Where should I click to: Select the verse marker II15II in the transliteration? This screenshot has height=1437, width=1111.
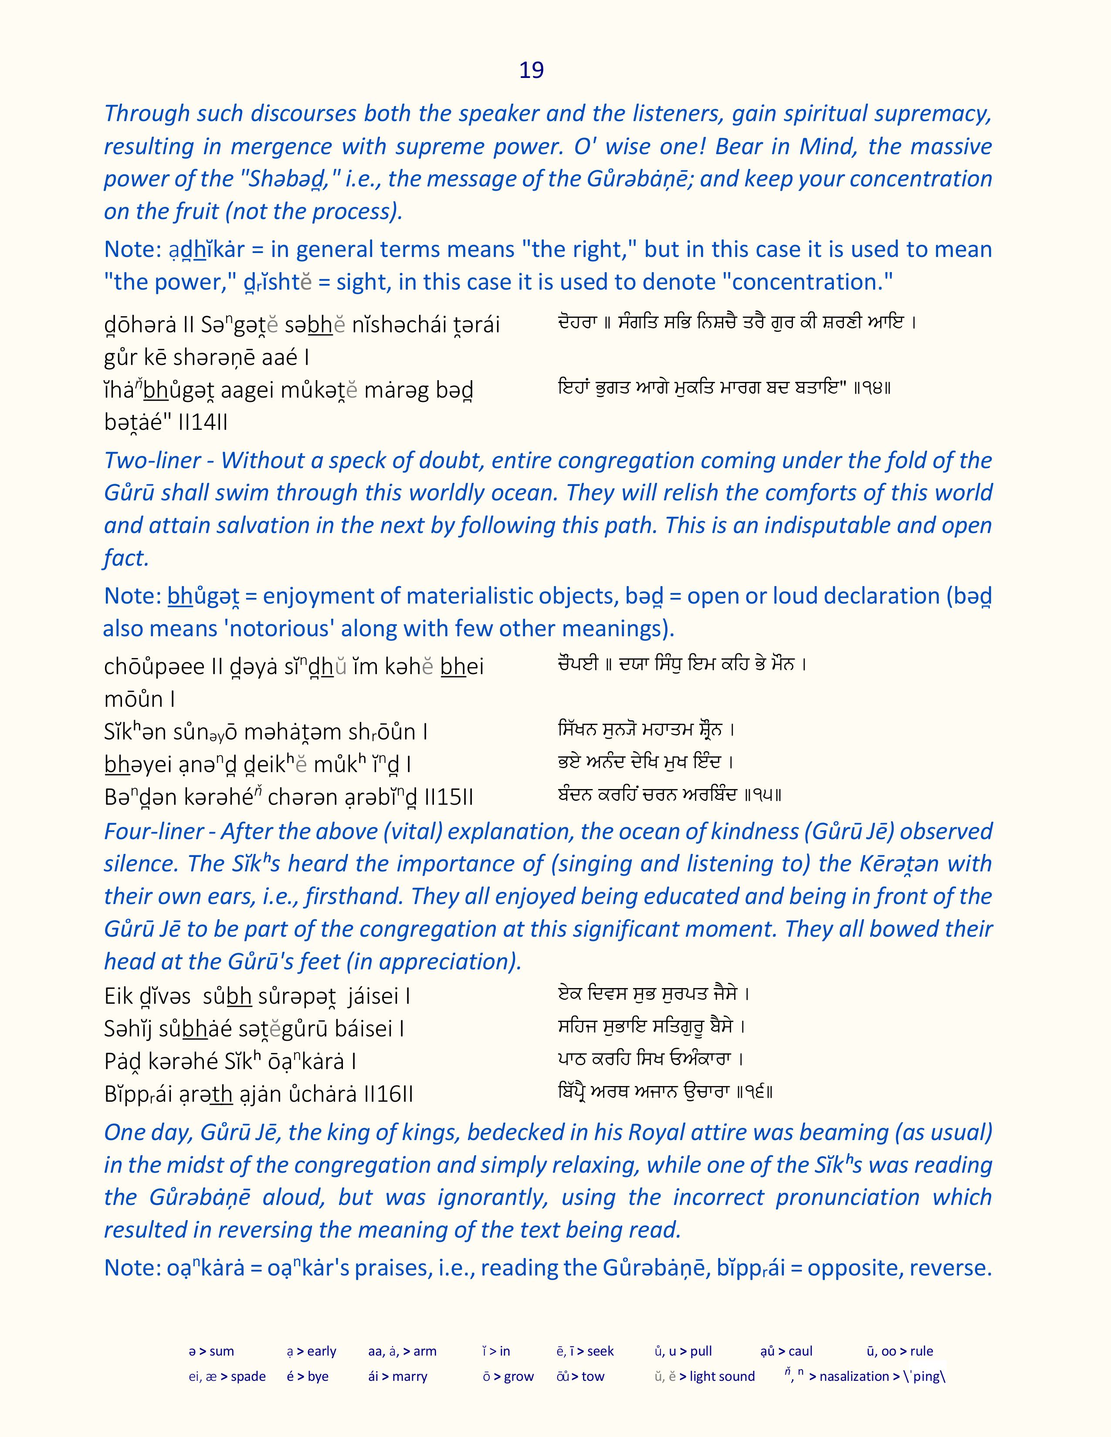pos(449,797)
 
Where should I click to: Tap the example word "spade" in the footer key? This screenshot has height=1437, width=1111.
pos(248,1376)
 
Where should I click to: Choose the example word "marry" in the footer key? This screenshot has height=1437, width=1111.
pos(410,1376)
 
